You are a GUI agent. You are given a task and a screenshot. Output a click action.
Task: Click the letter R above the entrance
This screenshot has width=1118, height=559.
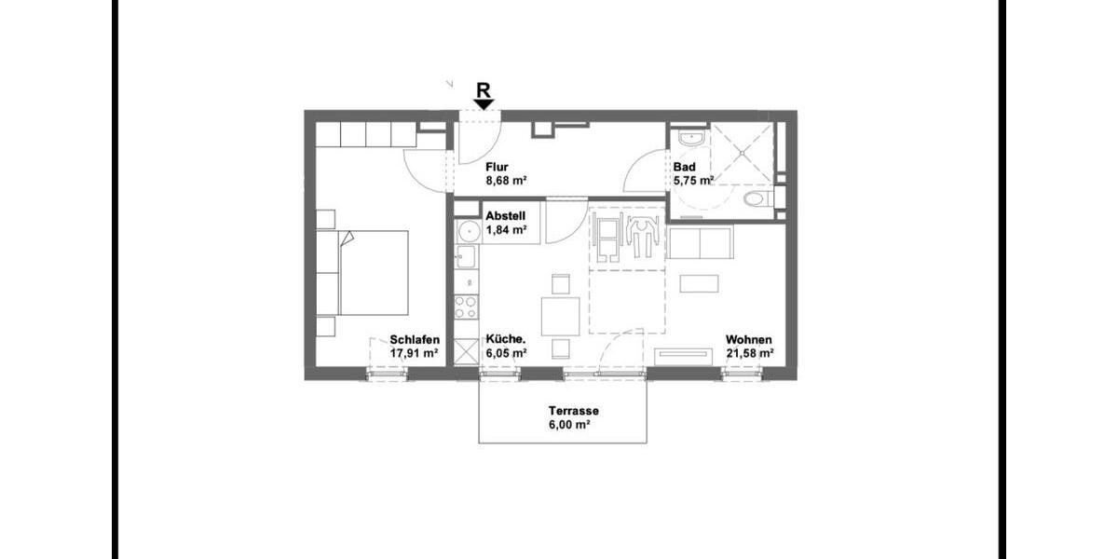(x=483, y=89)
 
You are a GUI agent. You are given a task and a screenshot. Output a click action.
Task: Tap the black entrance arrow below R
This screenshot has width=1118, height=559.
(x=484, y=104)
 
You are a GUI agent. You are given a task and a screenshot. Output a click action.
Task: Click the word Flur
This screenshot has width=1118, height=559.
(x=497, y=168)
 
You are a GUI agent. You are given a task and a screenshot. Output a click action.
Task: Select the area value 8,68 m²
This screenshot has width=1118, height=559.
(x=507, y=182)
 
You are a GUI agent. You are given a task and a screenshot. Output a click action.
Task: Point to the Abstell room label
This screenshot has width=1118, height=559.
(x=506, y=215)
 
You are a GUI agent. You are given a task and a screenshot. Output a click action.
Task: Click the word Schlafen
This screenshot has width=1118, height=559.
(x=415, y=340)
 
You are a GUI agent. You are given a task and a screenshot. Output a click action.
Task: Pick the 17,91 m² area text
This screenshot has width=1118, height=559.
(x=415, y=353)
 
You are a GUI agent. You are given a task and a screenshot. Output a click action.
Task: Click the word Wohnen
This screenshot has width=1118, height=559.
(x=749, y=340)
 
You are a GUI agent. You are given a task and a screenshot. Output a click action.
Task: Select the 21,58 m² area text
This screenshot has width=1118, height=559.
(x=749, y=353)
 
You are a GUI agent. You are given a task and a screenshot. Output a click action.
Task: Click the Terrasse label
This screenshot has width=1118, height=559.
(x=573, y=411)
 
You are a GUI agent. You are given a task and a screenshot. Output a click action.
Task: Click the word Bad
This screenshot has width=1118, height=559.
(x=684, y=168)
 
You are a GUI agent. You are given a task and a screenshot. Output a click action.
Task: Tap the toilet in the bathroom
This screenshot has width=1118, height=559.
(x=757, y=199)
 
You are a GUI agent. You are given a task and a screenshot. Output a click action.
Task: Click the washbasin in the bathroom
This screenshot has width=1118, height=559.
(x=690, y=139)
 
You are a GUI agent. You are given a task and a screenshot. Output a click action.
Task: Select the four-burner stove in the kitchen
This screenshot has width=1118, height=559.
(x=466, y=307)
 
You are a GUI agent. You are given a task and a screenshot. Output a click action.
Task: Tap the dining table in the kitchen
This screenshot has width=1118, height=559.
(x=561, y=316)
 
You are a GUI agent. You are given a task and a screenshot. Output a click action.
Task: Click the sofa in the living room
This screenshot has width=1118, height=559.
(x=702, y=243)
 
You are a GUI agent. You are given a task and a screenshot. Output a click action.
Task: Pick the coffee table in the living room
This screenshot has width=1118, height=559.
(x=699, y=283)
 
